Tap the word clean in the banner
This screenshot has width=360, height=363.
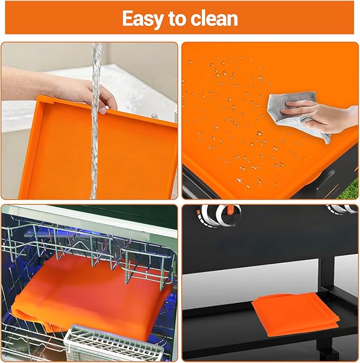pyautogui.click(x=214, y=19)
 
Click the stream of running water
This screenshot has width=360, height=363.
pyautogui.click(x=95, y=120)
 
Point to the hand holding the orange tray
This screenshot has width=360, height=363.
pyautogui.click(x=102, y=97)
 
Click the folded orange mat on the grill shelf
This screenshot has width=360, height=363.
pyautogui.click(x=295, y=314)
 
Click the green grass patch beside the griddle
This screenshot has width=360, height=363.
pyautogui.click(x=349, y=189)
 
